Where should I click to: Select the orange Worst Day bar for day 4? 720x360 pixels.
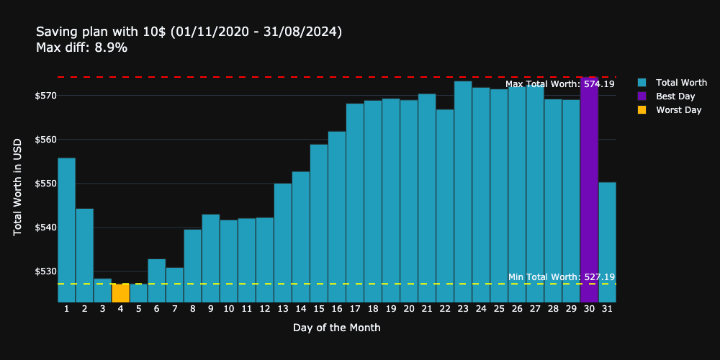[120, 293]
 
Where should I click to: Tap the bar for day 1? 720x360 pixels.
[66, 230]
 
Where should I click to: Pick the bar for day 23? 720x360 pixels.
[463, 192]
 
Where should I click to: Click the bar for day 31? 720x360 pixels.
[607, 242]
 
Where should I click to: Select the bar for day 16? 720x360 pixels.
[337, 217]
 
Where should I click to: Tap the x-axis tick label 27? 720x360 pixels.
[535, 309]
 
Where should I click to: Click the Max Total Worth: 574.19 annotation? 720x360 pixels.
[559, 84]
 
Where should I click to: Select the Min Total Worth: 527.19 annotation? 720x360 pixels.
[561, 277]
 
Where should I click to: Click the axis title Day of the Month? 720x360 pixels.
[336, 328]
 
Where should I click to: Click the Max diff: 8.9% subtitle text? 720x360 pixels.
[81, 48]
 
